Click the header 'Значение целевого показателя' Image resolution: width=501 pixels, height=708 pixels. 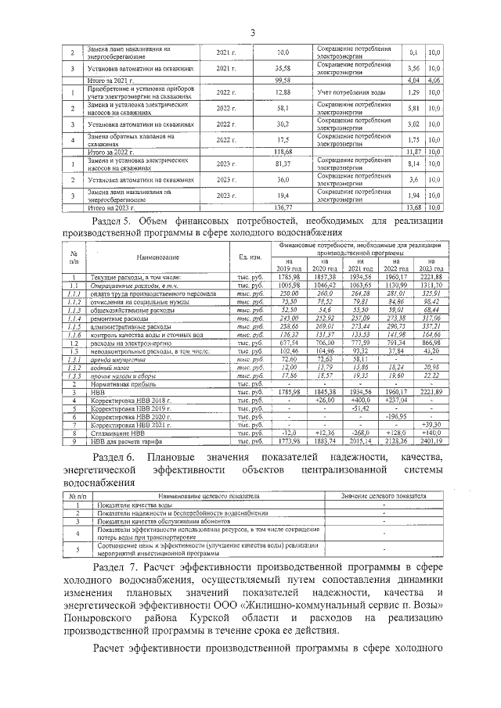384,497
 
